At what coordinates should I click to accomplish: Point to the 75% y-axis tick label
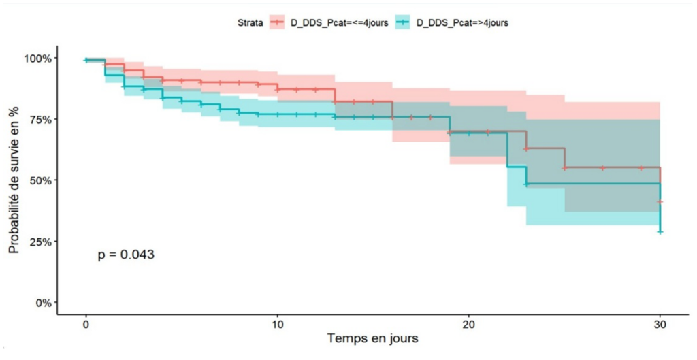click(x=39, y=120)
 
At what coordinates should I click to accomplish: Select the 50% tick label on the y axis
click(x=39, y=180)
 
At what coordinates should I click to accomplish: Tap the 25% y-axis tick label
click(x=39, y=242)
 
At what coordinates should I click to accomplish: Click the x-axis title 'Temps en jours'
click(x=372, y=338)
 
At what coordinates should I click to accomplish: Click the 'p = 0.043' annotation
click(x=126, y=255)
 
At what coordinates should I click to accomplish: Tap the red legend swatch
click(x=278, y=22)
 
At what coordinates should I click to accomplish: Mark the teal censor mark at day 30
click(x=660, y=232)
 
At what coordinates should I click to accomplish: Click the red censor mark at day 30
click(x=660, y=202)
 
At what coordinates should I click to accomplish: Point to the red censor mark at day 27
click(x=602, y=167)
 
